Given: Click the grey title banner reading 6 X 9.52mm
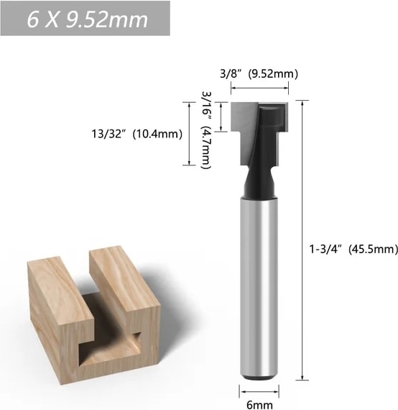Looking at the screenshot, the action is click(x=85, y=18).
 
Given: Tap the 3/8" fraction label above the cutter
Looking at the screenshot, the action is click(x=230, y=74).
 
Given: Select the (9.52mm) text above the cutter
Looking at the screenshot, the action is click(x=273, y=74).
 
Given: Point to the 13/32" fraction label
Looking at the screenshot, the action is click(x=108, y=134).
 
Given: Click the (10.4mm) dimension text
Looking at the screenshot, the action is click(x=157, y=134).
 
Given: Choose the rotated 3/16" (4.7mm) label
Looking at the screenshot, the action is click(x=206, y=130).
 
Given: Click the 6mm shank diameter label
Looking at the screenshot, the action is click(x=259, y=404).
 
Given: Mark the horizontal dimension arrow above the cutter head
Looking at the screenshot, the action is click(x=259, y=88).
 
